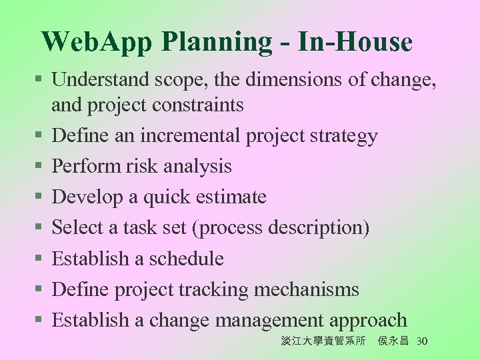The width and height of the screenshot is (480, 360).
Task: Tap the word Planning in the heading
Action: (x=213, y=42)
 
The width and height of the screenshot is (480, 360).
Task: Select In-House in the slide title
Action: (x=355, y=41)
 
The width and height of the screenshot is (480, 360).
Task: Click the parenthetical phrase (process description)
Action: (x=280, y=228)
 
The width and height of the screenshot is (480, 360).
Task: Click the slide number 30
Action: (x=421, y=341)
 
